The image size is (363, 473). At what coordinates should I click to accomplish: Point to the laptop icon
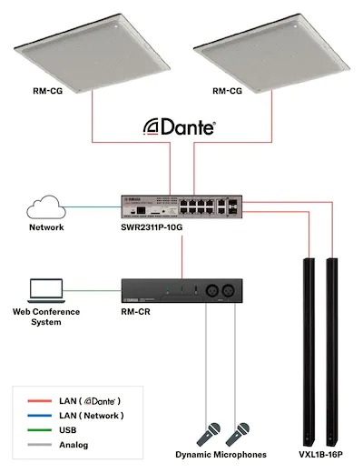(45, 290)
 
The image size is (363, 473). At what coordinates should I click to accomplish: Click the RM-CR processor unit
(181, 291)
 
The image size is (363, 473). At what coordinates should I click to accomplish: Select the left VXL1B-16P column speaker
(308, 346)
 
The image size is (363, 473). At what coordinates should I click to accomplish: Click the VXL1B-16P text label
(319, 455)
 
